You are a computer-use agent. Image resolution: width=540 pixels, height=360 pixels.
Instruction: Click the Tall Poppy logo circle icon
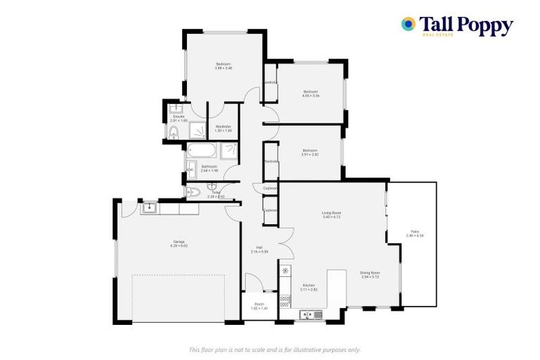tap(408, 24)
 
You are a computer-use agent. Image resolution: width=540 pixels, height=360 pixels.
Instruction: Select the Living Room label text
tap(331, 214)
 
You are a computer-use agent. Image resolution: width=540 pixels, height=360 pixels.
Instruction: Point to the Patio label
tap(416, 233)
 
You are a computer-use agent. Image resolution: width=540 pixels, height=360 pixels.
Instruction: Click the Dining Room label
tap(371, 274)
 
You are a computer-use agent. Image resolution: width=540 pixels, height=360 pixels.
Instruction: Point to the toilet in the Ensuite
tap(175, 132)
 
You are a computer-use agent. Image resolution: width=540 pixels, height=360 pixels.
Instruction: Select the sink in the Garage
tap(149, 207)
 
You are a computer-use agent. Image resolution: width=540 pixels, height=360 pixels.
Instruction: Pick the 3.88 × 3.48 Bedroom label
tap(224, 65)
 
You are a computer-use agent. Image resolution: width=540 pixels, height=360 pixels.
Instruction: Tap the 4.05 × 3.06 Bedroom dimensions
tap(311, 96)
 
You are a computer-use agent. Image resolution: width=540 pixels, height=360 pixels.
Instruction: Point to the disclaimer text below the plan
tap(274, 349)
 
